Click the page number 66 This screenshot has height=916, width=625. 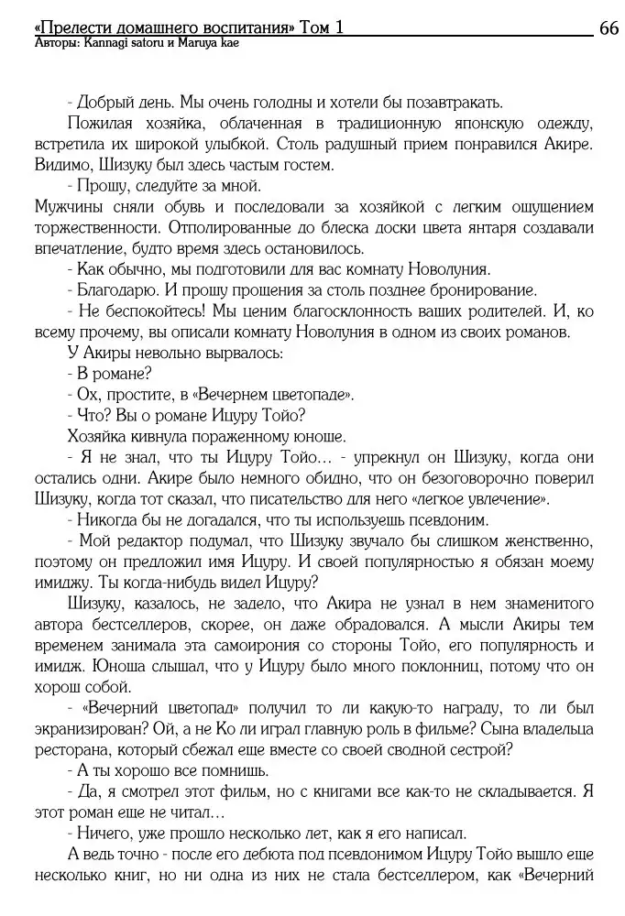coord(609,27)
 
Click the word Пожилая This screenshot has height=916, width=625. coord(102,125)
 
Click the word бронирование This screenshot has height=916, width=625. coord(473,289)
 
